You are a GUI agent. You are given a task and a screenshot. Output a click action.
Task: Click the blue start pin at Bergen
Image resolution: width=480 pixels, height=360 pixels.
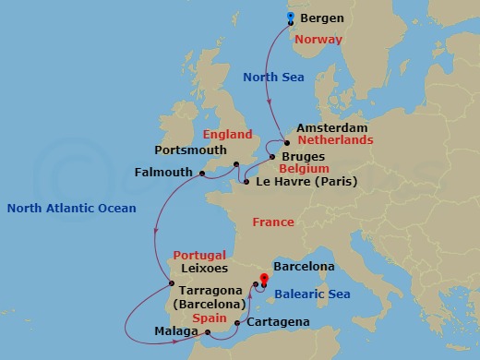pyautogui.click(x=290, y=17)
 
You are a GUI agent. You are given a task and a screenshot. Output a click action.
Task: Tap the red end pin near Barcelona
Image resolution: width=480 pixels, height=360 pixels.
pyautogui.click(x=264, y=278)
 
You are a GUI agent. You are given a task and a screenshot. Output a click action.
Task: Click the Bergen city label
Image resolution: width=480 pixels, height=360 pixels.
pyautogui.click(x=321, y=18)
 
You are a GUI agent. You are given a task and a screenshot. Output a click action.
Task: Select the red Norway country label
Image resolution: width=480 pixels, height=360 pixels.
pyautogui.click(x=318, y=40)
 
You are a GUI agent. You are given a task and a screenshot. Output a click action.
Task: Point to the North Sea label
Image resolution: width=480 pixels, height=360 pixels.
pyautogui.click(x=272, y=78)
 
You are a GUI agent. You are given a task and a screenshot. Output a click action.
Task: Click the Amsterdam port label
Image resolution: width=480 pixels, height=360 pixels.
pyautogui.click(x=331, y=127)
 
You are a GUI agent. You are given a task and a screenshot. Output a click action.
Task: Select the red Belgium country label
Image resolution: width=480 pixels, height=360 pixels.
pyautogui.click(x=305, y=170)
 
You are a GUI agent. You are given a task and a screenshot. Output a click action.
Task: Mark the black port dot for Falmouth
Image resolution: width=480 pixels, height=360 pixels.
pyautogui.click(x=200, y=172)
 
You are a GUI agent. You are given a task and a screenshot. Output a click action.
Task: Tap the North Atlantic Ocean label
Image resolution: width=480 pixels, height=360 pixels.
pyautogui.click(x=72, y=209)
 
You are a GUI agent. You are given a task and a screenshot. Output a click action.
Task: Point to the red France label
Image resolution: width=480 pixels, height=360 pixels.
pyautogui.click(x=273, y=222)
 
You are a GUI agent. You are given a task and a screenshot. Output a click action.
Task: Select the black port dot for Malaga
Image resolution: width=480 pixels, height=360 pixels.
pyautogui.click(x=208, y=332)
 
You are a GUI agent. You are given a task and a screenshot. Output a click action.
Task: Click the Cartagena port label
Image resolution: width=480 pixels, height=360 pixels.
pyautogui.click(x=278, y=323)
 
